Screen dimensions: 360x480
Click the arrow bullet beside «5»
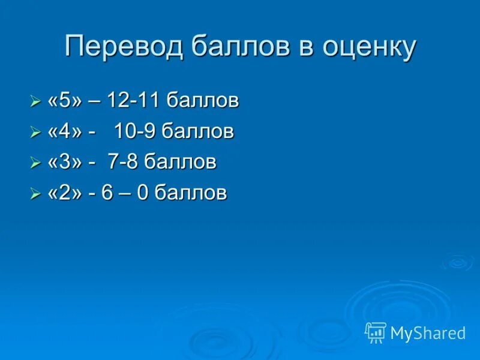click(x=35, y=103)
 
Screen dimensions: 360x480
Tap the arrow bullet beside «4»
click(x=35, y=133)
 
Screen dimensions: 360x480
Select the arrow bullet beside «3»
click(x=35, y=164)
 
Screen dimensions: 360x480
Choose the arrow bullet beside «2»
click(x=35, y=194)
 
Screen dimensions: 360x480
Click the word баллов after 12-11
click(x=203, y=101)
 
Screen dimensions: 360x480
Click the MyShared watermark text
click(x=428, y=333)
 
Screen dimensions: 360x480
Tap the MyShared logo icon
click(x=376, y=332)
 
